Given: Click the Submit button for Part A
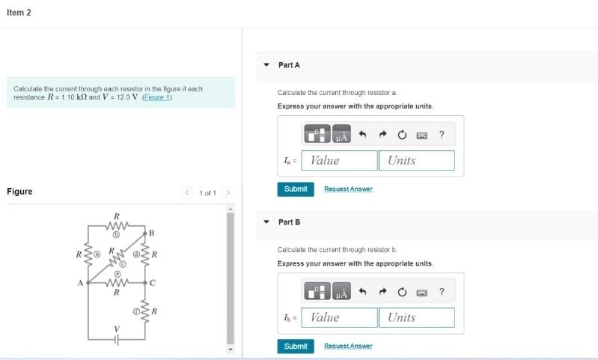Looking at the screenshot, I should (x=296, y=189).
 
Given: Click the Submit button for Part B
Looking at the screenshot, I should (x=296, y=346).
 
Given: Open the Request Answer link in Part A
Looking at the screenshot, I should (x=348, y=189).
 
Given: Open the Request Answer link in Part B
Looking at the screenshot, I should (x=348, y=346).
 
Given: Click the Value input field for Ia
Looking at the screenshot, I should (x=341, y=160).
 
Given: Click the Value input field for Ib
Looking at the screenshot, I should (x=341, y=317).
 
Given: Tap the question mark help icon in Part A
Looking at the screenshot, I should (x=442, y=135).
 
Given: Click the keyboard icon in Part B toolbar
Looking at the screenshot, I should (x=422, y=292).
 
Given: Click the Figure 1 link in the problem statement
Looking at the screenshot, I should (x=157, y=98).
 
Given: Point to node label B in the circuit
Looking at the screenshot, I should (x=151, y=234).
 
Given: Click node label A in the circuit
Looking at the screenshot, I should (x=80, y=283).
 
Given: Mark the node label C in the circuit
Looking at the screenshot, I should (x=152, y=283).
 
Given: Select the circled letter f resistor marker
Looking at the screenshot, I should (x=136, y=309).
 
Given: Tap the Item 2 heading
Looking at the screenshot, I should (x=19, y=13).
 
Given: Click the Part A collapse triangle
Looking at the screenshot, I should (x=266, y=65).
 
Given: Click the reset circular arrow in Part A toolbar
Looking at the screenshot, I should (x=402, y=135).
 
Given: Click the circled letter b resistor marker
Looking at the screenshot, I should (x=117, y=234).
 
